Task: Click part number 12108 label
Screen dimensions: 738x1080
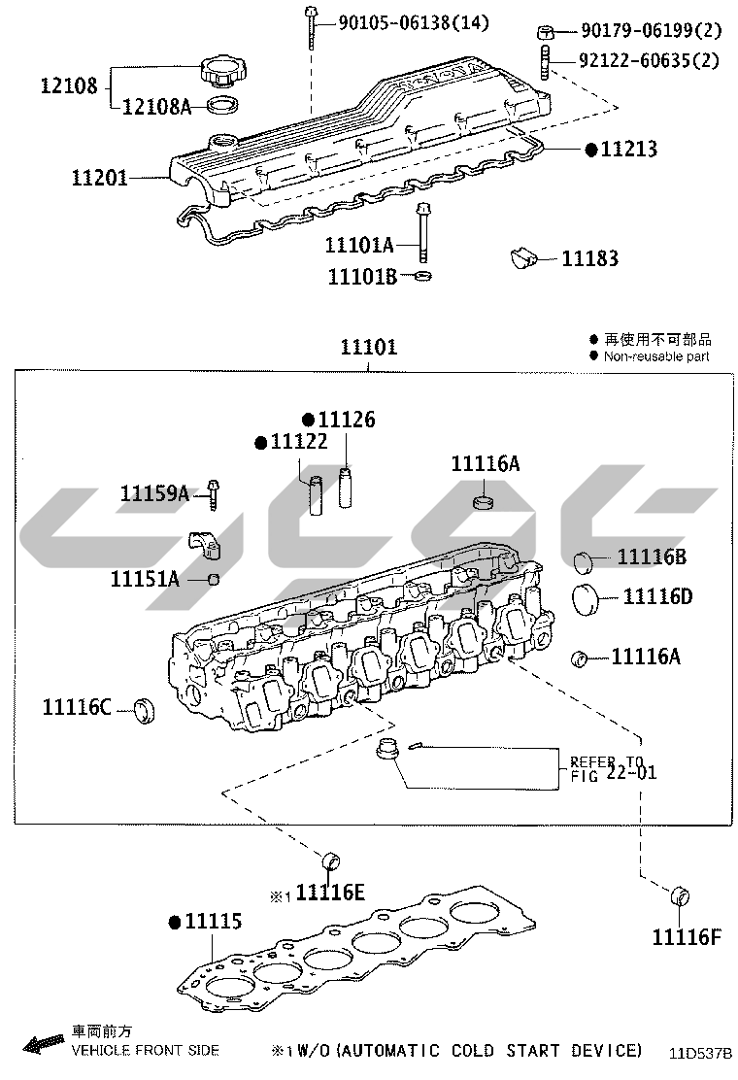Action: pos(69,85)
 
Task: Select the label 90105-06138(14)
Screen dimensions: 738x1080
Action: pos(414,23)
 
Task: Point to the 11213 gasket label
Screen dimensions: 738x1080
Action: pos(628,149)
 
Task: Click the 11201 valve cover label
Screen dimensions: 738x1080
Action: pos(100,178)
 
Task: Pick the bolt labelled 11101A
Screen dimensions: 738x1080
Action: pos(423,233)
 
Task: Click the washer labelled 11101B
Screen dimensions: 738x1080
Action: pos(423,277)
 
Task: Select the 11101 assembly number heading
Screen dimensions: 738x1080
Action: pos(369,347)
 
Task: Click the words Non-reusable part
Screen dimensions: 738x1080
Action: pos(656,356)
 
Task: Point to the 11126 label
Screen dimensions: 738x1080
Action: pos(347,420)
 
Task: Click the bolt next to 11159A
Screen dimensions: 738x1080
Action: pos(214,494)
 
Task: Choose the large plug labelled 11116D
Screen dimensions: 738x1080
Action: pos(586,599)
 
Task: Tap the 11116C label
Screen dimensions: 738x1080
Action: pos(77,707)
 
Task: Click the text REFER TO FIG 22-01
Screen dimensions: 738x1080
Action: pos(613,768)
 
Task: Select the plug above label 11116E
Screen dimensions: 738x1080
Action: pos(331,861)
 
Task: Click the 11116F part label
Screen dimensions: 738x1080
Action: pos(687,936)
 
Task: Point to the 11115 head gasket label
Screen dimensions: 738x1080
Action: pos(214,921)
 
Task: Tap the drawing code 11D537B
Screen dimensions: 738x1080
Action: pos(701,1053)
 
